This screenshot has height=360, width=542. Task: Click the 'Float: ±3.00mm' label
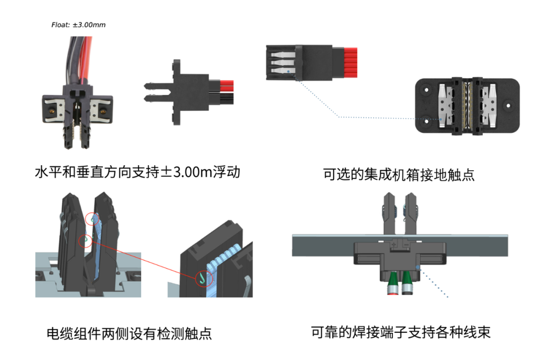coord(78,25)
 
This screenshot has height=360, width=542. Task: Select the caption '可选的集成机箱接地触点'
coord(399,175)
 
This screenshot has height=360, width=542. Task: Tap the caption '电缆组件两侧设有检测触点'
coord(129,333)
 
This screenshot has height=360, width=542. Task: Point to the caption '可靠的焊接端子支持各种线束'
coord(400,332)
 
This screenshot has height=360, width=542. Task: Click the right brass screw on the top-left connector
coord(104,110)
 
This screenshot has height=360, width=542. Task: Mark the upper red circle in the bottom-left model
coord(92,219)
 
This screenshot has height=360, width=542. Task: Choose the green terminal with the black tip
coord(408,284)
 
